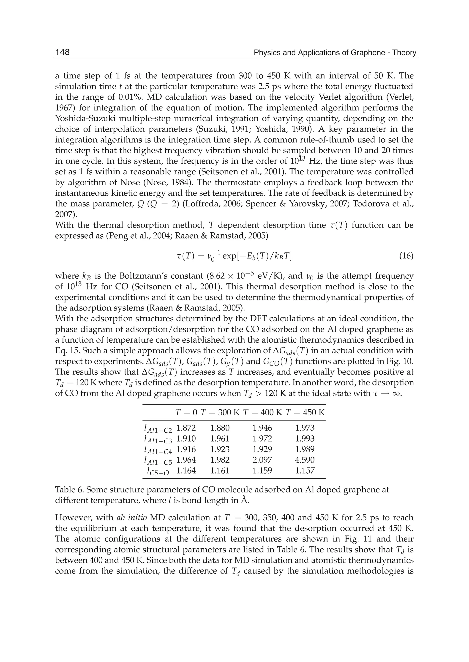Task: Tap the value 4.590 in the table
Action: click(x=305, y=460)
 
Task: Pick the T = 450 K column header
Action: click(x=305, y=412)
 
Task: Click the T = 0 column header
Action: click(x=186, y=412)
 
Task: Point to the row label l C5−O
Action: click(x=158, y=472)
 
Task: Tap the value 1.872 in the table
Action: click(x=186, y=428)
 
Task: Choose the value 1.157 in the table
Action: click(x=305, y=470)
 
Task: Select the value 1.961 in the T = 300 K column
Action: click(x=220, y=439)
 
